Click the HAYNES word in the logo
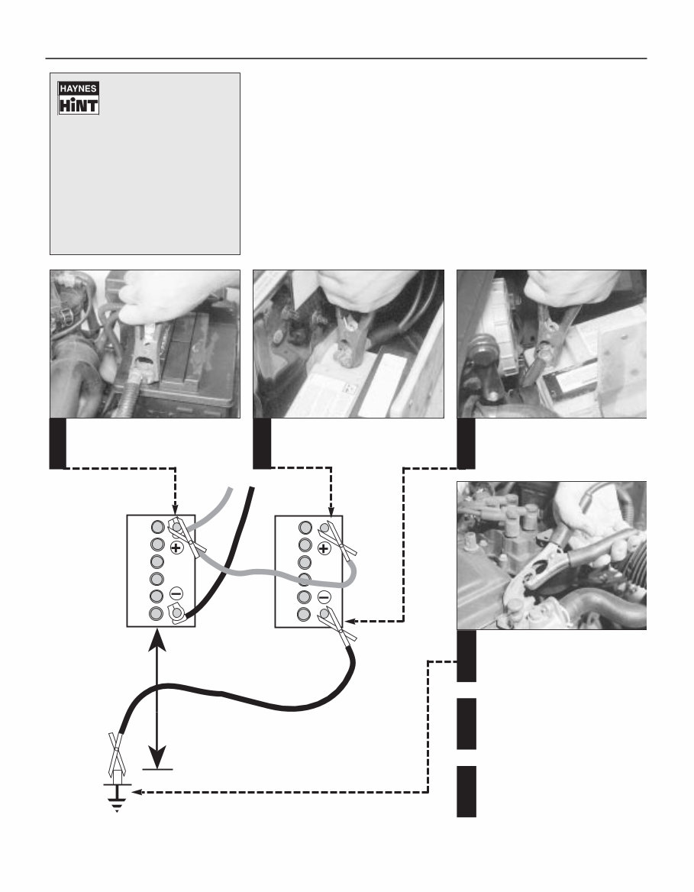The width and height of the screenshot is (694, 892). pyautogui.click(x=79, y=89)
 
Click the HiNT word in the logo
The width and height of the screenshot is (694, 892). pyautogui.click(x=79, y=105)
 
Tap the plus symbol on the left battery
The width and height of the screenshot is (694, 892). pyautogui.click(x=176, y=548)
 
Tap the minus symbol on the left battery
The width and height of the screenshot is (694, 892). pyautogui.click(x=176, y=593)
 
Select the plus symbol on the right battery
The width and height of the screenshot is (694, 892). pyautogui.click(x=324, y=548)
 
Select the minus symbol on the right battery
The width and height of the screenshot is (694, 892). pyautogui.click(x=324, y=596)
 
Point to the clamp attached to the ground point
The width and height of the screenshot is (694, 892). pyautogui.click(x=115, y=752)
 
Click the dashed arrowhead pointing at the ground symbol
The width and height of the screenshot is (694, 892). pyautogui.click(x=137, y=793)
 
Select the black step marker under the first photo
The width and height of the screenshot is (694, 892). pyautogui.click(x=58, y=443)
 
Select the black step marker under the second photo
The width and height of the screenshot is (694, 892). pyautogui.click(x=262, y=443)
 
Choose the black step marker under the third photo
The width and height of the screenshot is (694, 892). pyautogui.click(x=466, y=443)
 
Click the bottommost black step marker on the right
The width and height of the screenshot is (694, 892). pyautogui.click(x=466, y=790)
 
